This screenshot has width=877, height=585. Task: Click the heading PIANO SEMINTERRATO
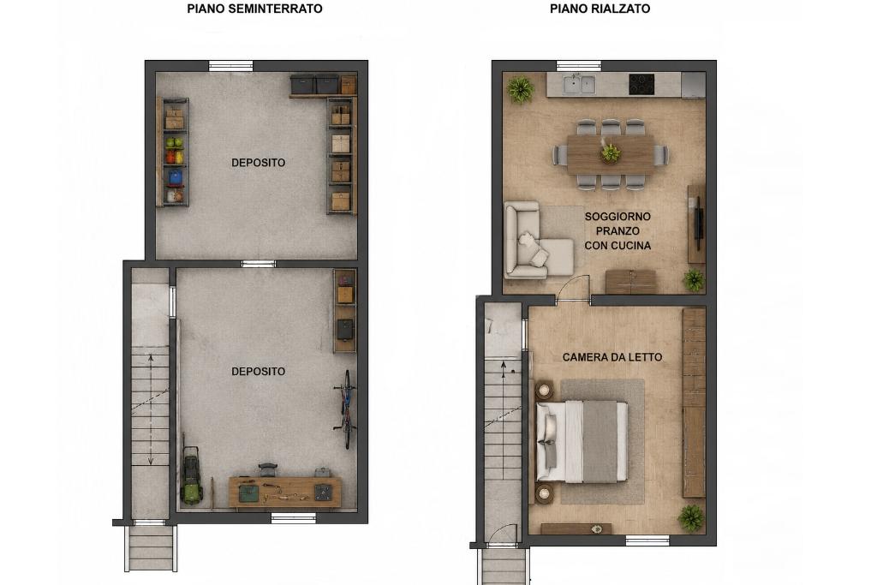[254, 9]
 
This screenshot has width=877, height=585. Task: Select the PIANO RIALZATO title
[600, 9]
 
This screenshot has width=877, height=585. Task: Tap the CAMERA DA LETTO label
[612, 357]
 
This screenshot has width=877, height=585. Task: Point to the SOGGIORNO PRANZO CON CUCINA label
[617, 231]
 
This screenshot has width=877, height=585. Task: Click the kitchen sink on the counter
[579, 85]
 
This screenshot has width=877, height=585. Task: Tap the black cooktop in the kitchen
[641, 85]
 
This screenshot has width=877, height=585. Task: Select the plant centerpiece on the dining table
[610, 152]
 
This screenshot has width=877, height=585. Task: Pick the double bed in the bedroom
[582, 441]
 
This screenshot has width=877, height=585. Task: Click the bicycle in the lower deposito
[347, 409]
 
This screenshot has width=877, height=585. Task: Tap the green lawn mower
[191, 475]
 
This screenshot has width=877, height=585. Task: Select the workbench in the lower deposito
[284, 492]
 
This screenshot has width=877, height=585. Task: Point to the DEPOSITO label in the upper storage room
[259, 163]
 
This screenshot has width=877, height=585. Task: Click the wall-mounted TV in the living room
[697, 224]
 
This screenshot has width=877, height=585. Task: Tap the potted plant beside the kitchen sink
[520, 89]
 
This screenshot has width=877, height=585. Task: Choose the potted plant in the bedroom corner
[691, 518]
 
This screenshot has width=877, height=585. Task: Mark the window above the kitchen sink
[579, 65]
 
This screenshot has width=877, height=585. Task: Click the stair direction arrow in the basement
[151, 409]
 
